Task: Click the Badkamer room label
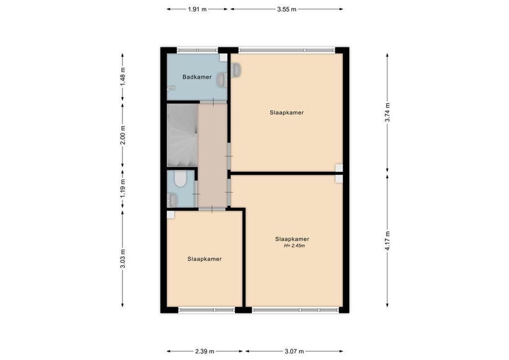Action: (197, 77)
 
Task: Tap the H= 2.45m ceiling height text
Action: (292, 246)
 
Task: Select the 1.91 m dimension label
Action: (197, 9)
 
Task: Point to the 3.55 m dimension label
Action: (287, 9)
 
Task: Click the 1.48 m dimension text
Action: (122, 76)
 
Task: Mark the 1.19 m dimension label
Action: (122, 188)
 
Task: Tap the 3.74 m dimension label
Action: (387, 112)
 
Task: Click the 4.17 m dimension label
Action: (387, 241)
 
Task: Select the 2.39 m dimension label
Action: (205, 351)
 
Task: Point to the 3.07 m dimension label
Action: (294, 351)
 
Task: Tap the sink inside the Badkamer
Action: (221, 80)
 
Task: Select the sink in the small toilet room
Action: (171, 200)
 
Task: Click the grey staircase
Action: (182, 135)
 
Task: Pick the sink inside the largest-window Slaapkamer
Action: (236, 69)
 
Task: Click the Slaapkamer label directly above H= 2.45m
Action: (292, 239)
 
